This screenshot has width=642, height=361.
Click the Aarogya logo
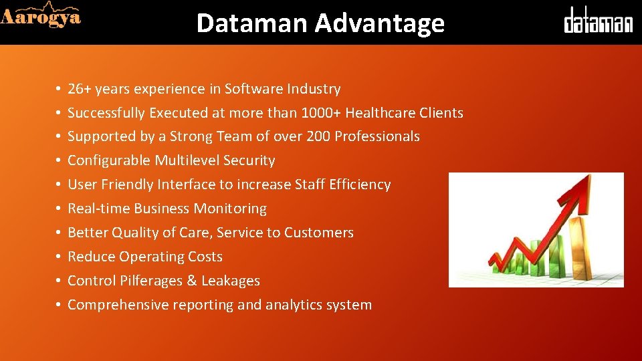[41, 15]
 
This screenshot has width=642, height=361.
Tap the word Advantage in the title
[379, 23]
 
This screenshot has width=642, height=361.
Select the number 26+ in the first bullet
[80, 89]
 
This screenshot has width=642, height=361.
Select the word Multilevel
[187, 160]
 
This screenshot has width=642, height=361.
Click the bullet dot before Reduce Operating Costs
[59, 257]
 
